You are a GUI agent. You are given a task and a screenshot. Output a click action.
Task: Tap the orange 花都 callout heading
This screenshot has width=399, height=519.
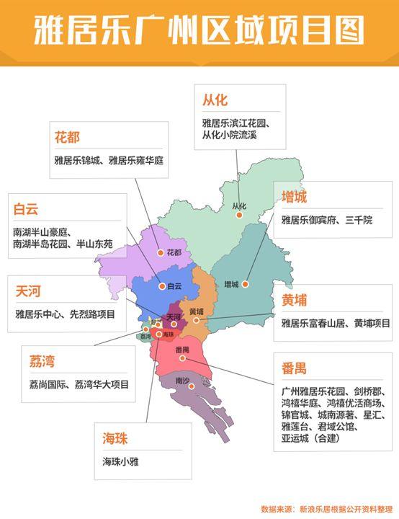pos(67,136)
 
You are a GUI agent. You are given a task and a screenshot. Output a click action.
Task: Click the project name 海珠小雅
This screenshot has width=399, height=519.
pos(123,461)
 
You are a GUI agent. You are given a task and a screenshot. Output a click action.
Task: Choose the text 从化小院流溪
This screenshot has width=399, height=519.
pos(229,135)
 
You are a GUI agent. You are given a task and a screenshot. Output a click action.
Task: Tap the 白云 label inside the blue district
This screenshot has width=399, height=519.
pos(174,286)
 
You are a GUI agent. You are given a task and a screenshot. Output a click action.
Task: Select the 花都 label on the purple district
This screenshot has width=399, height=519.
pos(174,253)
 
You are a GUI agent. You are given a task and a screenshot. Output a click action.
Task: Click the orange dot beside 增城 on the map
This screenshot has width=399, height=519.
pos(245,284)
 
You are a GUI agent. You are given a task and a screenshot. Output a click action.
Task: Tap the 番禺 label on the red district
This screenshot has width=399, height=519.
pos(181,348)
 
